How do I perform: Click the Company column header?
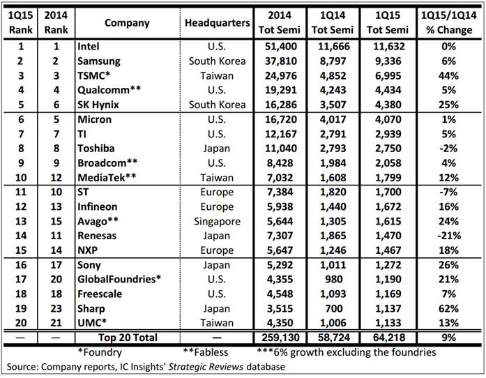pos(127,22)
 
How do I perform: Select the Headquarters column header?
pos(218,22)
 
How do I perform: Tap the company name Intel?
pos(89,47)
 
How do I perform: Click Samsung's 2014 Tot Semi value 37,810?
pos(280,61)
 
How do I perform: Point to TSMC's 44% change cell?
pos(448,75)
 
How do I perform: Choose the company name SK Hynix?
pos(98,105)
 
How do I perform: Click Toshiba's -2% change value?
pos(448,149)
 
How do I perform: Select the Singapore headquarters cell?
pos(217,221)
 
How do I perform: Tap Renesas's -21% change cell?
pos(449,236)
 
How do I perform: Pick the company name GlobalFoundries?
pos(119,279)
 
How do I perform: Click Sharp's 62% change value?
pos(448,308)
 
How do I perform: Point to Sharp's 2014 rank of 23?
pos(56,308)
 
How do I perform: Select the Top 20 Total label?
pos(128,338)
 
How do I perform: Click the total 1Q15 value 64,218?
pos(389,338)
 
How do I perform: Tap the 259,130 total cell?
pos(280,338)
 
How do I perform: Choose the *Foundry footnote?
pos(100,352)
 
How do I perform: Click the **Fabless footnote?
pos(205,352)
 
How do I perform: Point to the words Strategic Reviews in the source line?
pos(206,367)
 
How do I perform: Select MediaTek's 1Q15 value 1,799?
pos(388,178)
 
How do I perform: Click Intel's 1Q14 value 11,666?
pos(334,47)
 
